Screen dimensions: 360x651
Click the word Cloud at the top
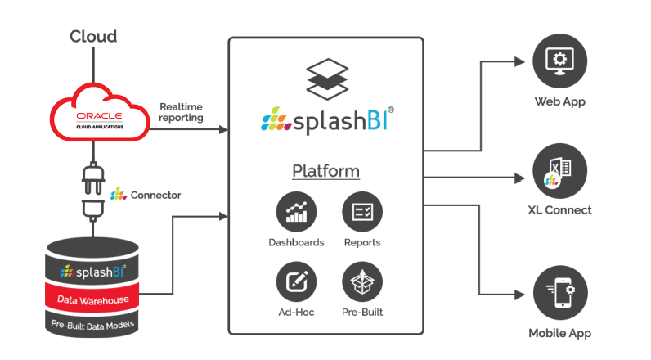point(93,36)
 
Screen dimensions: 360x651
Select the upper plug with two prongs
point(92,173)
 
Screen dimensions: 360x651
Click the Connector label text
point(155,196)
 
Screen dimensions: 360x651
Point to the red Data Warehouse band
point(92,300)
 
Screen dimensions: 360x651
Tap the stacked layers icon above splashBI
point(325,78)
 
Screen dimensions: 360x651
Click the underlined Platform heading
point(325,172)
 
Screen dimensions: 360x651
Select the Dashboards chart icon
point(296,214)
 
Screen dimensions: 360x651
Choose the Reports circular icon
point(362,214)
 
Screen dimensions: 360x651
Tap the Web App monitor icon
point(559,63)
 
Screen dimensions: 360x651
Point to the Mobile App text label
point(559,334)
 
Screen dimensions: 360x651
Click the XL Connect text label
point(559,210)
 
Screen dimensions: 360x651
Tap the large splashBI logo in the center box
point(325,121)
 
